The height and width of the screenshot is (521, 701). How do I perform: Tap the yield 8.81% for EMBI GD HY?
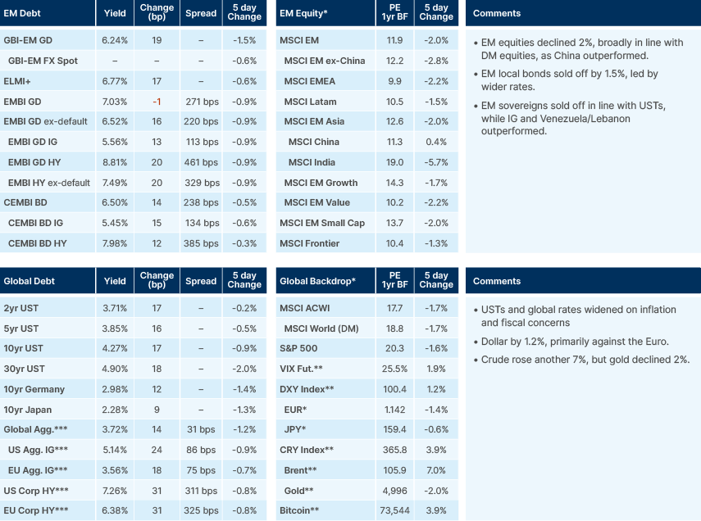[x=115, y=162]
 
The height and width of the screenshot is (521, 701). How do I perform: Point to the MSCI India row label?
[x=313, y=162]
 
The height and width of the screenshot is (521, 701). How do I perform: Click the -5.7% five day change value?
[x=436, y=162]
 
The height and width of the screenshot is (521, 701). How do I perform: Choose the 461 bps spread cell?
[x=202, y=162]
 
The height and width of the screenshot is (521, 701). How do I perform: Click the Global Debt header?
[x=30, y=281]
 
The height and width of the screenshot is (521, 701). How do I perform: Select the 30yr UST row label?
[x=24, y=369]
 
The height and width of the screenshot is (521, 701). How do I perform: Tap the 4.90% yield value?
[x=115, y=369]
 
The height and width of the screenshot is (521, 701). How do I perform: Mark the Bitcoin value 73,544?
[x=394, y=510]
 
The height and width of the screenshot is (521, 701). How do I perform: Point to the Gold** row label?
[x=298, y=491]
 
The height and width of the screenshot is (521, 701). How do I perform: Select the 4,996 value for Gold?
[x=394, y=491]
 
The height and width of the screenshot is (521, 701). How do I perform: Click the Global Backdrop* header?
[x=317, y=281]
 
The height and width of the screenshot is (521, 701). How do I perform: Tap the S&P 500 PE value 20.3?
[x=394, y=348]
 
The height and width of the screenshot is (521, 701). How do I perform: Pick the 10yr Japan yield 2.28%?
[x=115, y=410]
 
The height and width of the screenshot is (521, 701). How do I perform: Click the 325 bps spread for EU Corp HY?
[x=202, y=510]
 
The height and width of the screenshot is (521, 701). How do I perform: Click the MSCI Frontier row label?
[x=310, y=243]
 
